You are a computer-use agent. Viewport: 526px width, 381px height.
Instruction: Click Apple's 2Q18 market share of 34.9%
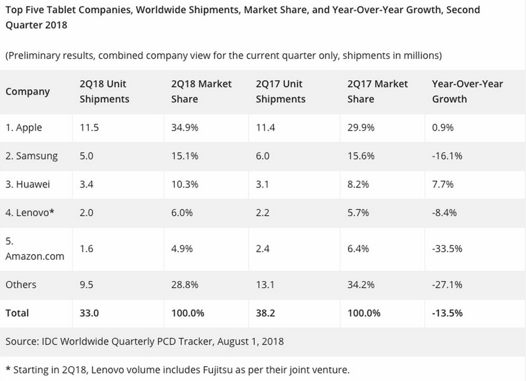coord(185,128)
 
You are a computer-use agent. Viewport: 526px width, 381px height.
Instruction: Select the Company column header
coord(28,92)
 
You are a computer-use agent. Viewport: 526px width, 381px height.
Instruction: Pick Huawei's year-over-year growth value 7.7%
coord(442,184)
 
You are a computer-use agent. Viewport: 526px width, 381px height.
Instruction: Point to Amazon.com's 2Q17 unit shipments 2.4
coord(262,249)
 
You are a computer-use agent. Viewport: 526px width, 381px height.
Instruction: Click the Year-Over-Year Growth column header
coord(467,92)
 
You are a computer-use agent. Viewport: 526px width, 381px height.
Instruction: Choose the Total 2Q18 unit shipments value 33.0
coord(88,313)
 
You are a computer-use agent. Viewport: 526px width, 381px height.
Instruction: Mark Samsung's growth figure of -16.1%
coord(446,156)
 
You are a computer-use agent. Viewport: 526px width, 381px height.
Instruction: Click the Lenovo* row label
coord(29,213)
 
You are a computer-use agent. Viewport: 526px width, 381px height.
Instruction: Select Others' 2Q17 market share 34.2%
coord(361,284)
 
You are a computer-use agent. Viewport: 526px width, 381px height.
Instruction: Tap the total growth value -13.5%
coord(447,313)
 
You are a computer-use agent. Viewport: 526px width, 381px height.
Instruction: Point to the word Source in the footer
coord(21,342)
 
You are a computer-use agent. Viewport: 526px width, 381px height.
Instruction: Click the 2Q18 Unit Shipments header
coord(104,92)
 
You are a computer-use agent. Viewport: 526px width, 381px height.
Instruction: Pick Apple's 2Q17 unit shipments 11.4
coord(265,128)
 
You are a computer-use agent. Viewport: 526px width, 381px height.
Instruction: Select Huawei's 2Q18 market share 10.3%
coord(185,184)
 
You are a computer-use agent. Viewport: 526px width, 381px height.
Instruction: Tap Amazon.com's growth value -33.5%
coord(447,249)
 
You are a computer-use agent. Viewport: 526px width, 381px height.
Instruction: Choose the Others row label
coord(21,284)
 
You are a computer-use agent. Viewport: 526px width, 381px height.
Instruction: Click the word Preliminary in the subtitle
coord(35,55)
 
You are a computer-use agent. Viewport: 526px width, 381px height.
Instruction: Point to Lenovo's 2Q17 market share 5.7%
coord(358,213)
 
